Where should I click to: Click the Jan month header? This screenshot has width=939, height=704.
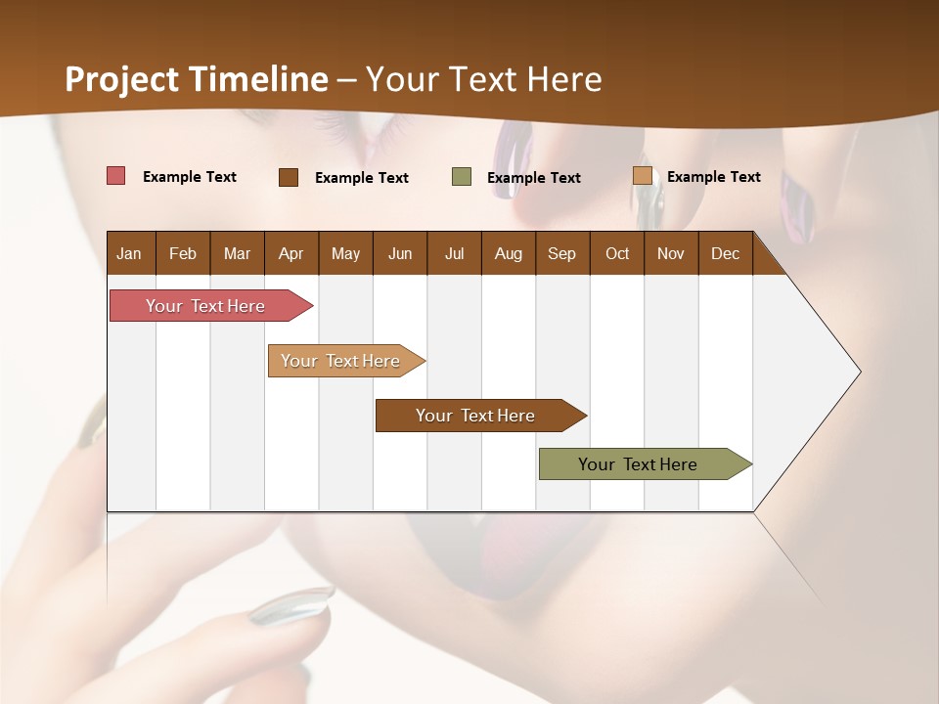coord(129,253)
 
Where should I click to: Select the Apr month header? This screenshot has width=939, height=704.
coord(291,253)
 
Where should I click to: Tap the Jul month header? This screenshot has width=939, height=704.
coord(454,253)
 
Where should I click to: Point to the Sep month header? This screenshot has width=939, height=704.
coord(561,253)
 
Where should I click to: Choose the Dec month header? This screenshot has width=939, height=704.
coord(725,253)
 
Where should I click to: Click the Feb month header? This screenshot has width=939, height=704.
coord(183,253)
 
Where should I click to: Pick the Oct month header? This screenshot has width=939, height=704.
coord(617,253)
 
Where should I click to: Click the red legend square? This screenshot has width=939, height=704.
coord(116,176)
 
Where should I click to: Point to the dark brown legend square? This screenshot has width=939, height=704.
coord(289,177)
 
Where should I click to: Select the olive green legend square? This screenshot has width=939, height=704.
coord(462,177)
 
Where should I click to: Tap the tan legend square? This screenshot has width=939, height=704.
coord(642,176)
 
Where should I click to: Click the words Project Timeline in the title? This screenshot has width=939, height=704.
coord(197,79)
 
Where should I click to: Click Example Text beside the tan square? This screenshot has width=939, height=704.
coord(713,177)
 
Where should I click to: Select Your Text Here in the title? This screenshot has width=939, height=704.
coord(484,79)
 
